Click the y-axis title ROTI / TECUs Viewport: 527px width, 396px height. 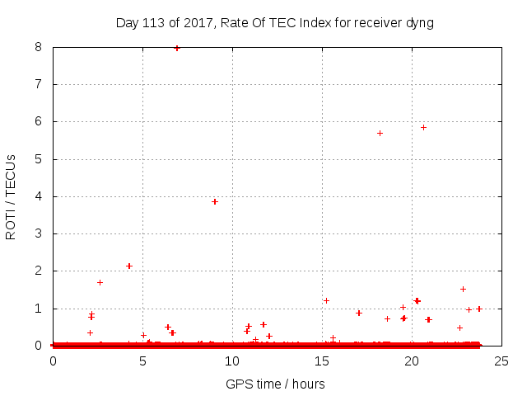tap(11, 197)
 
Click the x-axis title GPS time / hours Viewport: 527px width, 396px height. tap(275, 384)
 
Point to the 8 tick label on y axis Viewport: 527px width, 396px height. tap(39, 47)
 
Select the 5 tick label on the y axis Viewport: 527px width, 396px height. tap(39, 159)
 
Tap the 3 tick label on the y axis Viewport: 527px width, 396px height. tap(39, 233)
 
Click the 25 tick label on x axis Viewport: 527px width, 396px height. tap(501, 361)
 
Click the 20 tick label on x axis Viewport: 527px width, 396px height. tap(411, 361)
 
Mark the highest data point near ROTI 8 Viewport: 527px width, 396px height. tap(177, 48)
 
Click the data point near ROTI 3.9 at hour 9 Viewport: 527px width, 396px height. tap(215, 201)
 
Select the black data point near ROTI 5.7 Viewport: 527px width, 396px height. tap(380, 133)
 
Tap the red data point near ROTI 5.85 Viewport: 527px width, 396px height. tap(423, 127)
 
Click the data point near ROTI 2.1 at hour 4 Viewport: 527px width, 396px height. tap(129, 266)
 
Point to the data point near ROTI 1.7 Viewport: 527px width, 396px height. tap(100, 282)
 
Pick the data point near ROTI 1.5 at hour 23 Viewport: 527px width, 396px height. tap(463, 289)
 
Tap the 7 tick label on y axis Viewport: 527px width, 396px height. tap(39, 84)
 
